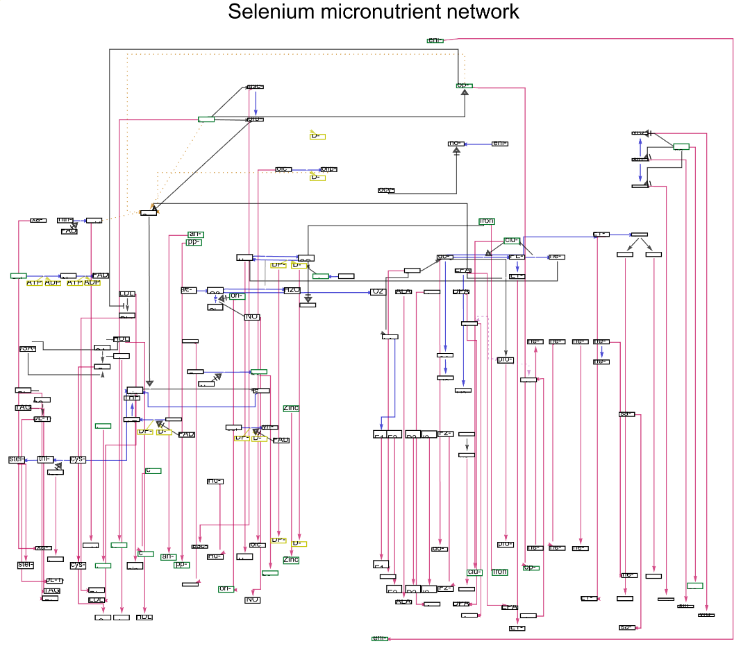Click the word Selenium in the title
(272, 12)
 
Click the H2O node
(292, 290)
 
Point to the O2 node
(378, 292)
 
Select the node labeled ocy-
(386, 190)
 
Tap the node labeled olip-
(328, 169)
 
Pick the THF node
(132, 398)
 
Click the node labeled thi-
(46, 459)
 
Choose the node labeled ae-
(188, 290)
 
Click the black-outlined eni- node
(500, 144)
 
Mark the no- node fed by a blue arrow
(456, 144)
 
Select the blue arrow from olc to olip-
(306, 169)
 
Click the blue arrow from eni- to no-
(478, 144)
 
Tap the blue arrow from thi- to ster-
(32, 459)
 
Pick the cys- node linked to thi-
(78, 459)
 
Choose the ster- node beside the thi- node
(17, 459)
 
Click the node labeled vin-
(269, 427)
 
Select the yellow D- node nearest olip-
(317, 178)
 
